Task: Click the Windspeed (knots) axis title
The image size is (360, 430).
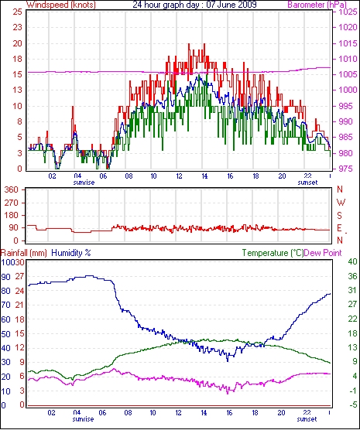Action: [61, 5]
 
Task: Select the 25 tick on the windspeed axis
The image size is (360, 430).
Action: [17, 12]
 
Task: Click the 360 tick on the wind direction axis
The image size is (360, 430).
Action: [12, 189]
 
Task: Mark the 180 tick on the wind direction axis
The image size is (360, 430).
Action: [12, 216]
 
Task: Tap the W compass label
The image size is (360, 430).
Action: [341, 203]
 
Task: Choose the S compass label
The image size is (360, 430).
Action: [340, 216]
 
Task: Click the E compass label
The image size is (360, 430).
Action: [340, 228]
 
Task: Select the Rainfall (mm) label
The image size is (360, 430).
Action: [24, 253]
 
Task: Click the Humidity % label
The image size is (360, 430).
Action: [71, 253]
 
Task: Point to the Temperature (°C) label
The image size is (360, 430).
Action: [273, 253]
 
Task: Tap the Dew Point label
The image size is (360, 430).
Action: [323, 253]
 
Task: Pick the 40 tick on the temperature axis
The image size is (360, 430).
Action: [352, 261]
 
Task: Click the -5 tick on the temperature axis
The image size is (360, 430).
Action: [352, 404]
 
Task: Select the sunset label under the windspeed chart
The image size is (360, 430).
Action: [308, 183]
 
